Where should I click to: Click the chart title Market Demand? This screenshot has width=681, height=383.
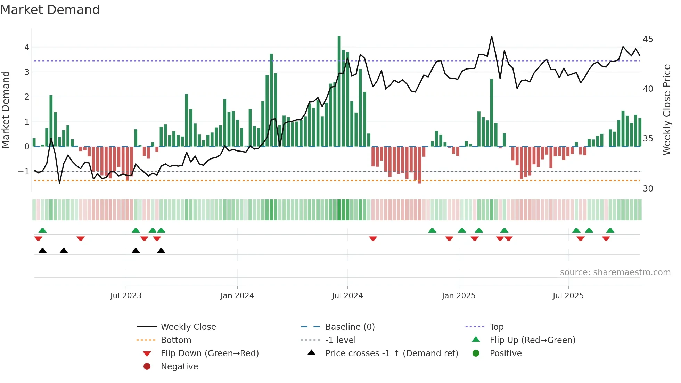coord(50,10)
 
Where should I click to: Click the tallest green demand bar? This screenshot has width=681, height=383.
coord(339,91)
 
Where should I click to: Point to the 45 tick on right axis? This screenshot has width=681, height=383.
coord(648,39)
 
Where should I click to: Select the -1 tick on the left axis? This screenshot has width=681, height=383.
coord(24,172)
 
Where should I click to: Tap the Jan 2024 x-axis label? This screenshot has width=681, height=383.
coord(237,296)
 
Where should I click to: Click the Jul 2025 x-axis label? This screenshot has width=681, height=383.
coord(568,296)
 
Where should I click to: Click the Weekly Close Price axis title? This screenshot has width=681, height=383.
coord(666,109)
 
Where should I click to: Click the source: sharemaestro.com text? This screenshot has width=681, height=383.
coord(615,272)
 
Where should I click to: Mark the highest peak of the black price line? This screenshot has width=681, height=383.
coord(492,36)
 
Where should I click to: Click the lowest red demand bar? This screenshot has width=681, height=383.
coord(419,165)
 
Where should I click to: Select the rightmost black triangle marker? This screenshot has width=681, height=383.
coord(161,251)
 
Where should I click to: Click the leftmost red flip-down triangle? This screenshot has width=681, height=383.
coord(38,238)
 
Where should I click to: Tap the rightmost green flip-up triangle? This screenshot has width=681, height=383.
coord(610,230)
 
